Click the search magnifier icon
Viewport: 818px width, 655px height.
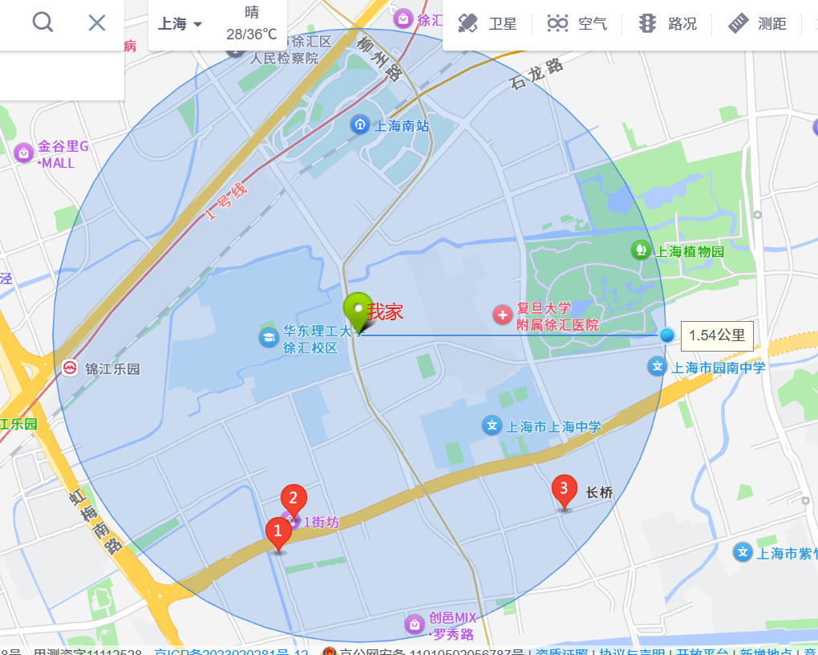43,22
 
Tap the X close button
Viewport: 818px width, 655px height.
97,22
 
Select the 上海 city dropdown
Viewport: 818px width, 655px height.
180,24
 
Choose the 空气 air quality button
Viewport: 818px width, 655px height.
577,23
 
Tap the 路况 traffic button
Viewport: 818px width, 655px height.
667,23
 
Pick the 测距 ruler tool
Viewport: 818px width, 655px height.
758,23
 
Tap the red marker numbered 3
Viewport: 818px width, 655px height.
564,490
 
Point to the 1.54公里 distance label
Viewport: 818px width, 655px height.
717,336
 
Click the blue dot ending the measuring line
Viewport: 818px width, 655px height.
667,336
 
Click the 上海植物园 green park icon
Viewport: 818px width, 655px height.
640,250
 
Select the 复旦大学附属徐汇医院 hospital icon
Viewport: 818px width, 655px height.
503,315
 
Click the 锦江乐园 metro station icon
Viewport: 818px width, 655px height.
71,368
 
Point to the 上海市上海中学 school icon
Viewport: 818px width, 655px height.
492,425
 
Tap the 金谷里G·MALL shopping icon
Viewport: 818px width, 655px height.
23,152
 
